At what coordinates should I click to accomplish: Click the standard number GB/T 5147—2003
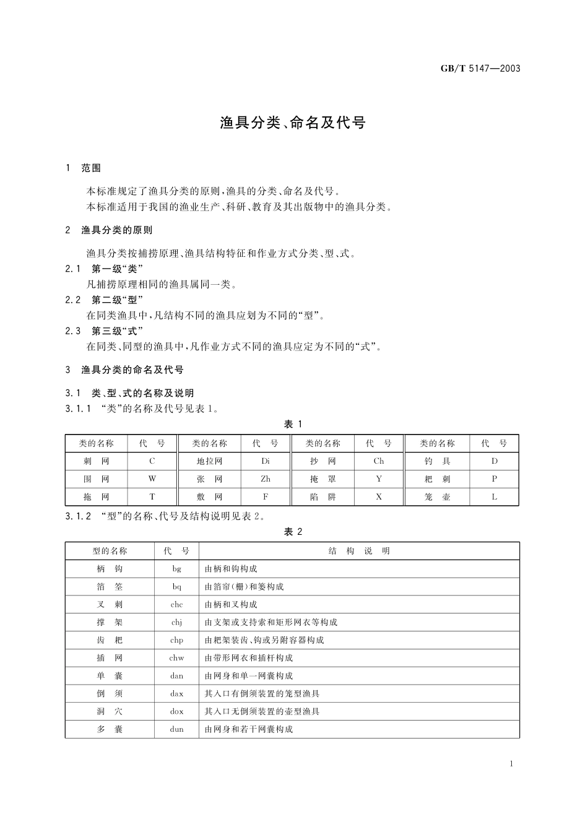pos(480,69)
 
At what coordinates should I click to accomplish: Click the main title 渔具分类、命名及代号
pos(293,123)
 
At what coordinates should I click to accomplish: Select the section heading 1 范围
pos(84,168)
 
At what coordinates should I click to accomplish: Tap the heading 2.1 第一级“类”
pos(105,269)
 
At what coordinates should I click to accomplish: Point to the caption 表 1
pos(293,424)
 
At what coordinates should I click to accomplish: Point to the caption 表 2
pos(293,532)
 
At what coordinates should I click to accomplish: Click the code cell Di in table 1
pos(266,461)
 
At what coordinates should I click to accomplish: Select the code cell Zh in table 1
pos(266,479)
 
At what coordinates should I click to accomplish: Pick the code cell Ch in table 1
pos(379,461)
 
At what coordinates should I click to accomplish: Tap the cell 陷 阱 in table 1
pos(323,496)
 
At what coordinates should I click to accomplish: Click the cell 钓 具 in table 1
pos(438,461)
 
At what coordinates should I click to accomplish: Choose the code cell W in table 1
pos(152,479)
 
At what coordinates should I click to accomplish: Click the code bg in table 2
pos(177,569)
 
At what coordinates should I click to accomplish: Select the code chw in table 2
pos(177,658)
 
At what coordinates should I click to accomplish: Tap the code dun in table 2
pos(177,729)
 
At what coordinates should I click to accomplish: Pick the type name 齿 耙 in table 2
pos(110,640)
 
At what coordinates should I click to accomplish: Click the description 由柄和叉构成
pos(231,604)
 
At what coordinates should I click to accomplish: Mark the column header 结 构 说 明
pos(359,551)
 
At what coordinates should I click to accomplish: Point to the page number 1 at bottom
pos(511,764)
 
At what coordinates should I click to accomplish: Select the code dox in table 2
pos(177,712)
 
